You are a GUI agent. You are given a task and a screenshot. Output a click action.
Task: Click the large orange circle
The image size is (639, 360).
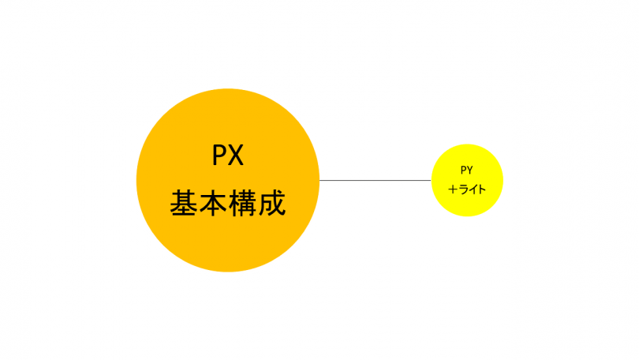[x=228, y=180]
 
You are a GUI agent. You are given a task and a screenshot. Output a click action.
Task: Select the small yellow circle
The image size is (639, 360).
[x=467, y=180]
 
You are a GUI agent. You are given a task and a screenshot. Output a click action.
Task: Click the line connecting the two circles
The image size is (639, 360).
[x=376, y=180]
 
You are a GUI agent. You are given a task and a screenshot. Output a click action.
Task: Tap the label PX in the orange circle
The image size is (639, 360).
[x=228, y=155]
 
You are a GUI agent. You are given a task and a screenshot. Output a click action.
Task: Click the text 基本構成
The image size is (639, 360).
[x=228, y=203]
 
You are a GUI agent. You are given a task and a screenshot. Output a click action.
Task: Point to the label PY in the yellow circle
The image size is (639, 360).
[x=466, y=170]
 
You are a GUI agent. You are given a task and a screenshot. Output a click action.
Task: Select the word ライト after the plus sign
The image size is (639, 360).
[x=473, y=189]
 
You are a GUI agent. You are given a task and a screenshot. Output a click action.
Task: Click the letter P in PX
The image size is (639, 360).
[x=219, y=155]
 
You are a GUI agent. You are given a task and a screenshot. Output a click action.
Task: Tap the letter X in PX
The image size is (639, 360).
[x=236, y=155]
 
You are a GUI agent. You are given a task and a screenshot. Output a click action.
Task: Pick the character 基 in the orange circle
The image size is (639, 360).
[x=184, y=203]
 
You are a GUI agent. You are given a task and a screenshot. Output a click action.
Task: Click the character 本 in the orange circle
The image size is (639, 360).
[x=213, y=203]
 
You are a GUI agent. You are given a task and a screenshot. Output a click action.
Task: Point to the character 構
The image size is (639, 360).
[x=242, y=203]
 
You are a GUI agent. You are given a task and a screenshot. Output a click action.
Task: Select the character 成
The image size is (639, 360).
[x=272, y=203]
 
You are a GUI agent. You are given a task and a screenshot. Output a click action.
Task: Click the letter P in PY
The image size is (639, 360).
[x=464, y=170]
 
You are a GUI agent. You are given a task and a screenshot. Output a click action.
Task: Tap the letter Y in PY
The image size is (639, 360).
[x=469, y=170]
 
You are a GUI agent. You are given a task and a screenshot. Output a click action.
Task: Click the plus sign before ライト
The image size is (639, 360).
[x=453, y=189]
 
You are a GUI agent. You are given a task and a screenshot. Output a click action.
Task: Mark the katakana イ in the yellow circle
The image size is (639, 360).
[x=473, y=189]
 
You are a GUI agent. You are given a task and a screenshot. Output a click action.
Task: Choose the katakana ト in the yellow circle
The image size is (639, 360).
[x=483, y=189]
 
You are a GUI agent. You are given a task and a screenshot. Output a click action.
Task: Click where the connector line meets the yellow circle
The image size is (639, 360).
[x=432, y=180]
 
